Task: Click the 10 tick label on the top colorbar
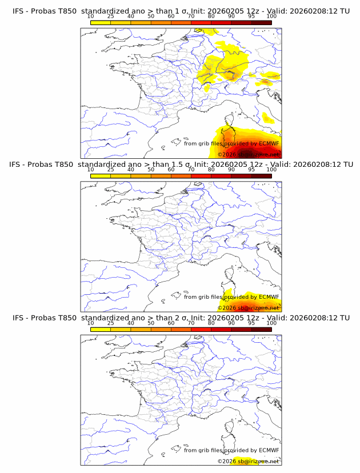tap(90, 17)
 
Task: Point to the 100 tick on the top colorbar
tap(271, 17)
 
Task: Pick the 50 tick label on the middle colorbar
tap(151, 170)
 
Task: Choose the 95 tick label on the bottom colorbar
tap(251, 323)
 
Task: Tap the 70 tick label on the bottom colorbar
tap(191, 323)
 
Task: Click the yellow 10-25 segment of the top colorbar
tap(101, 22)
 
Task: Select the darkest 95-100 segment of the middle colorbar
tap(262, 175)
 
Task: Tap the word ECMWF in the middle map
tap(269, 296)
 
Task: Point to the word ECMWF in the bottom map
tap(269, 450)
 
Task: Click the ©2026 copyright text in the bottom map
tap(227, 461)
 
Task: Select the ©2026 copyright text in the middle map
tap(227, 308)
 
